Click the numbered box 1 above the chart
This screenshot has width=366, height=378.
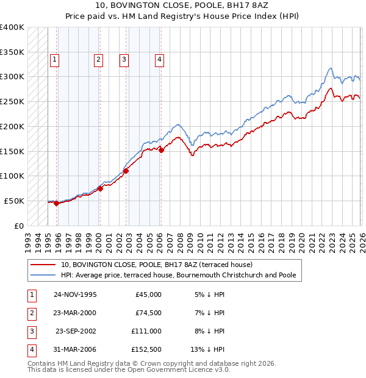pyautogui.click(x=55, y=60)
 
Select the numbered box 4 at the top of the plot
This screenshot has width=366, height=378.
pyautogui.click(x=159, y=60)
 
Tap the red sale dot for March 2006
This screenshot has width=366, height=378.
pyautogui.click(x=161, y=150)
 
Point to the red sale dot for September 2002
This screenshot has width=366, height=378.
pyautogui.click(x=126, y=171)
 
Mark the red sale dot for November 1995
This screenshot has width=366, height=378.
pyautogui.click(x=56, y=204)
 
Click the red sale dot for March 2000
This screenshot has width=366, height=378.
pyautogui.click(x=100, y=188)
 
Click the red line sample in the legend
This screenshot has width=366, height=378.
pyautogui.click(x=43, y=265)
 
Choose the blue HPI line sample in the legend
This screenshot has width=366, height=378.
pyautogui.click(x=43, y=275)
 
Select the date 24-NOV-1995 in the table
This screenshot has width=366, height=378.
pyautogui.click(x=75, y=294)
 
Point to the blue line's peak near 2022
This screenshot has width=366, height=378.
pyautogui.click(x=330, y=68)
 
